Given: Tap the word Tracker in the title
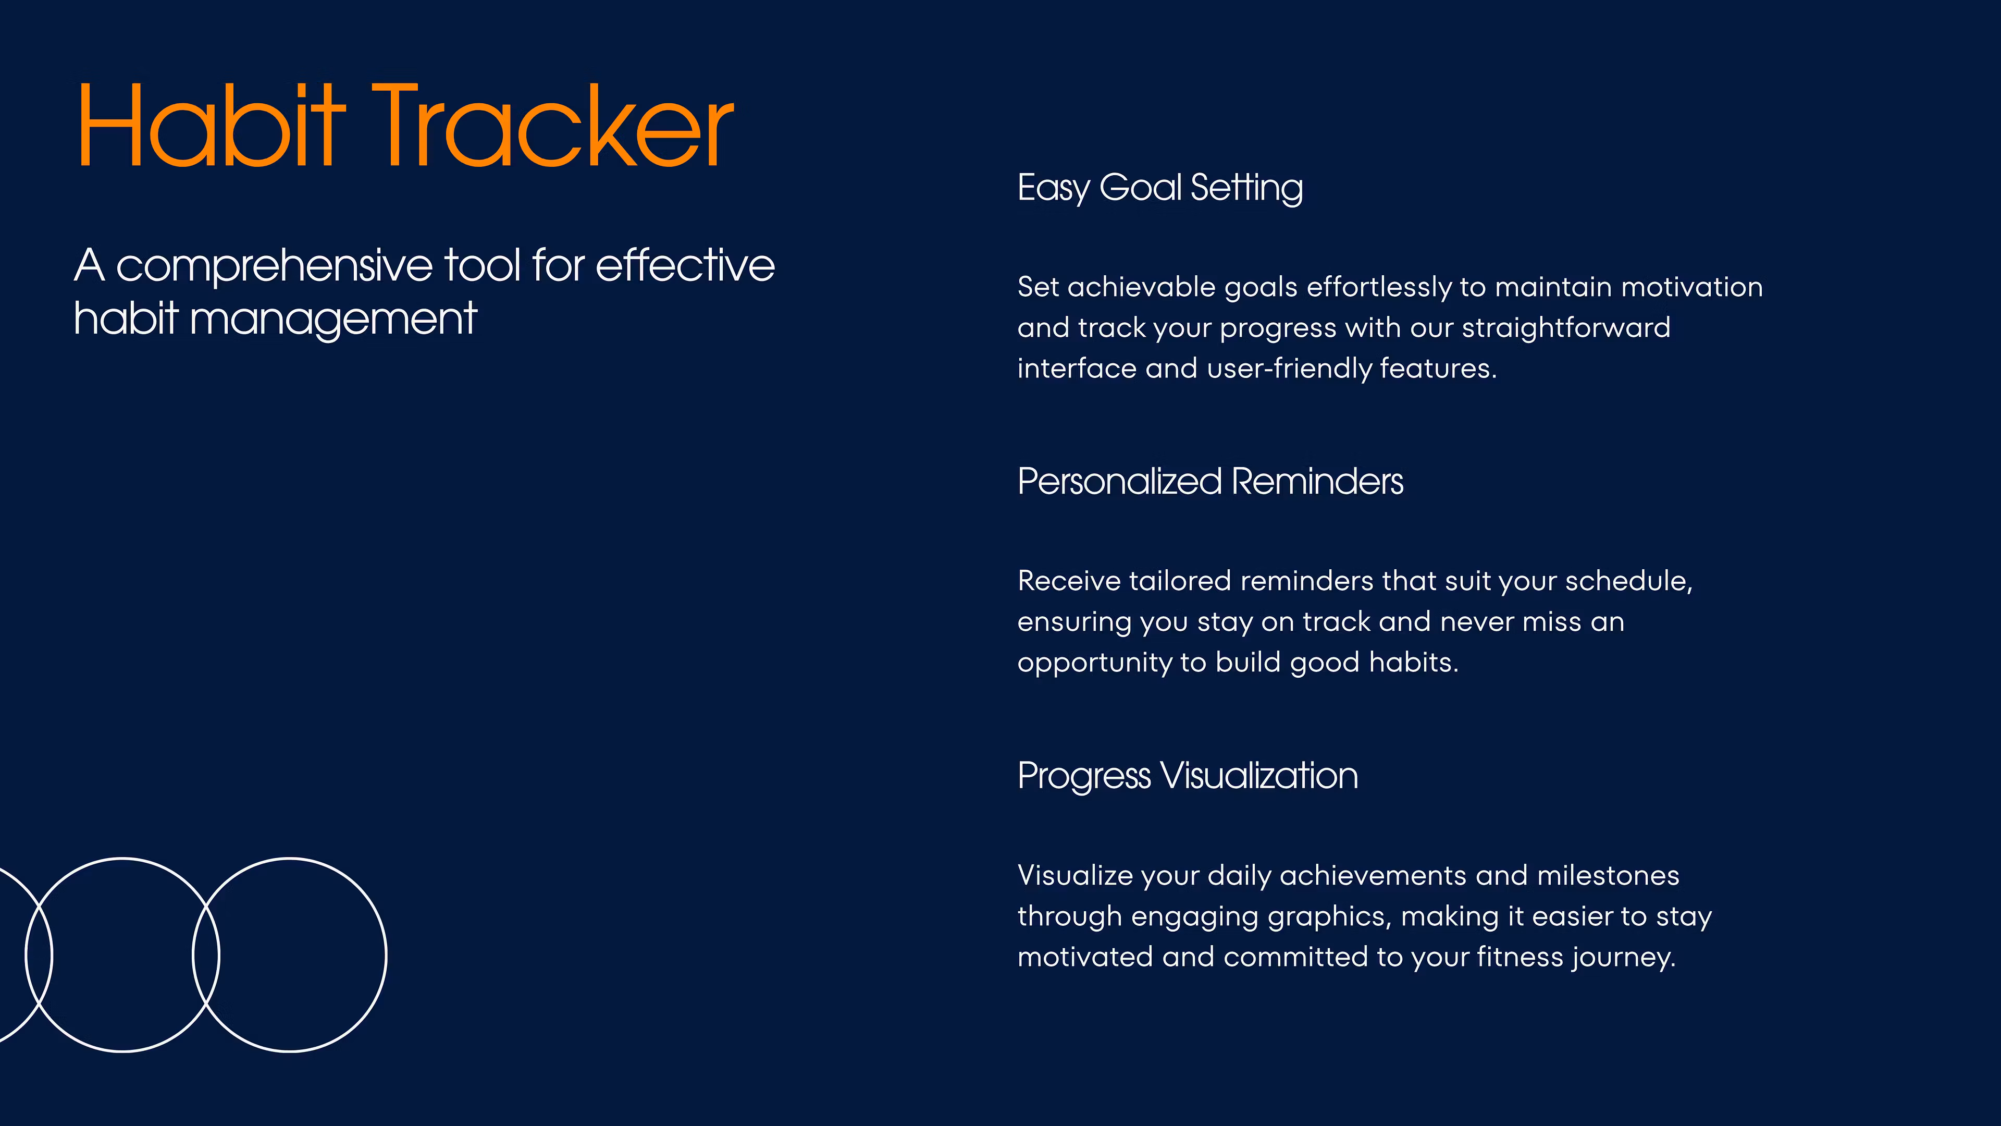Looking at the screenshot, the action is (x=552, y=125).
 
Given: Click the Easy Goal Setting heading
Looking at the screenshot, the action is (x=1160, y=189).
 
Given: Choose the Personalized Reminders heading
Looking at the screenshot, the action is (x=1210, y=481).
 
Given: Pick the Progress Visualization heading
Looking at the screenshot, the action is (x=1188, y=776).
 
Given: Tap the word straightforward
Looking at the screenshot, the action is (x=1566, y=328).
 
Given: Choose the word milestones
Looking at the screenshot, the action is (x=1608, y=876).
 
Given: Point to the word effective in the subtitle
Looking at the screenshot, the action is (x=685, y=266).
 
